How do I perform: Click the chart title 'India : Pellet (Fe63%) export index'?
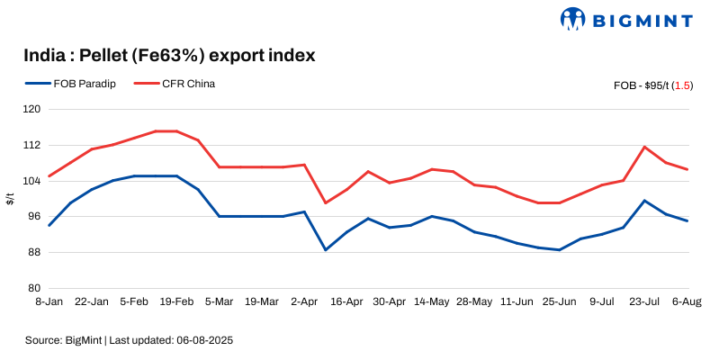click(x=169, y=56)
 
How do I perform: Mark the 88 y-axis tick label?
click(x=33, y=252)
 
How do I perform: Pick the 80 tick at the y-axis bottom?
click(x=33, y=288)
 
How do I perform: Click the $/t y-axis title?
click(x=11, y=199)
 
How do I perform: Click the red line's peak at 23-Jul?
click(x=645, y=147)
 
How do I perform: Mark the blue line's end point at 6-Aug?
click(x=688, y=220)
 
